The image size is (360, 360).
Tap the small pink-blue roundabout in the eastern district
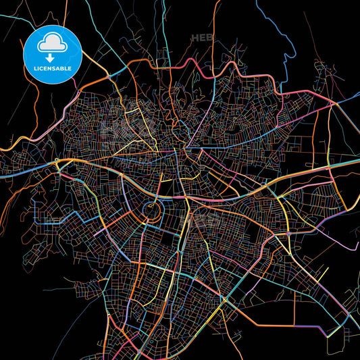point(288,234)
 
